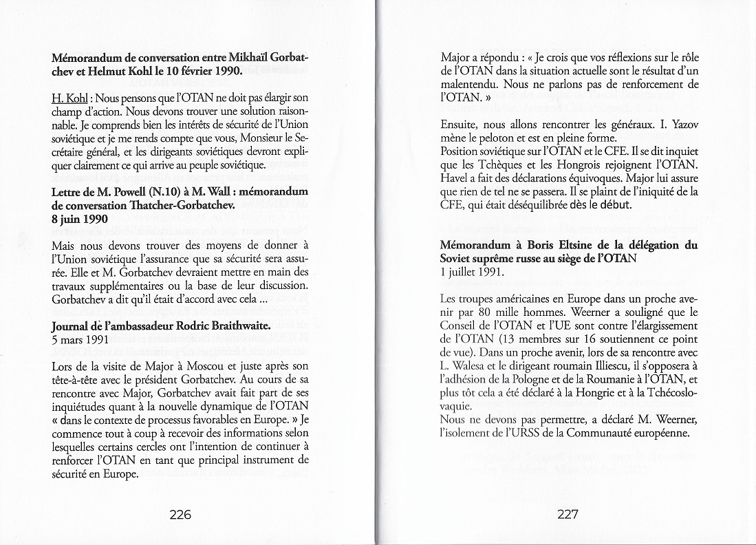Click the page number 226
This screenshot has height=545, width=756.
tap(180, 514)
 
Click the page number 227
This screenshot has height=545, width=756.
tap(568, 514)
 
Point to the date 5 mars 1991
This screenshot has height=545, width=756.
tap(80, 339)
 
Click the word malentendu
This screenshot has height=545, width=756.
tap(471, 84)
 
